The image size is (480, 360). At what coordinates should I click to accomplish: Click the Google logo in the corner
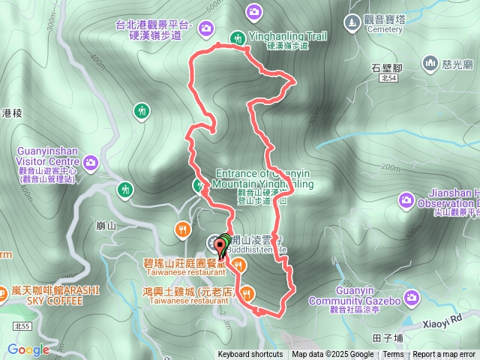pyautogui.click(x=28, y=349)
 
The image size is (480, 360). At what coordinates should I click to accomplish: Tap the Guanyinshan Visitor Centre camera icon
pyautogui.click(x=91, y=162)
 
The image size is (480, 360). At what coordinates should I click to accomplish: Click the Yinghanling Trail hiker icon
pyautogui.click(x=237, y=37)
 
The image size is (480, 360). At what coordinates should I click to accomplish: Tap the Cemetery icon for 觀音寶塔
pyautogui.click(x=354, y=22)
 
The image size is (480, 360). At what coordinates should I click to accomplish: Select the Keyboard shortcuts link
pyautogui.click(x=250, y=355)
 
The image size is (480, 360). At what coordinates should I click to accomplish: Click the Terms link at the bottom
pyautogui.click(x=392, y=355)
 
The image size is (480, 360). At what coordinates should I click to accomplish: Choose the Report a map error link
pyautogui.click(x=445, y=355)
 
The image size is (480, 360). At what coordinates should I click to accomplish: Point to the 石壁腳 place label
pyautogui.click(x=387, y=67)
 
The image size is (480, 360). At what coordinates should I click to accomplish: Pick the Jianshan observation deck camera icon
pyautogui.click(x=406, y=199)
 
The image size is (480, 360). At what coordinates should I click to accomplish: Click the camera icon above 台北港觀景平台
pyautogui.click(x=253, y=10)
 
